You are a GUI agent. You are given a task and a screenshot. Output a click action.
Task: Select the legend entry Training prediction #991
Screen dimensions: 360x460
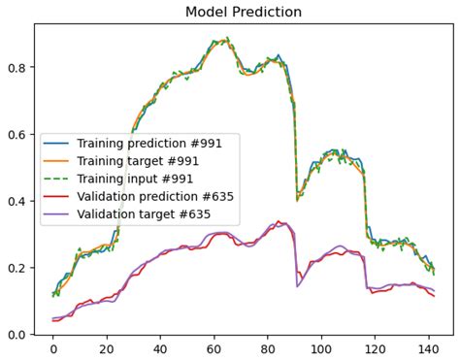(x=151, y=143)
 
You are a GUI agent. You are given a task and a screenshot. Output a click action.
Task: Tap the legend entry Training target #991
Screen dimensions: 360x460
(x=145, y=160)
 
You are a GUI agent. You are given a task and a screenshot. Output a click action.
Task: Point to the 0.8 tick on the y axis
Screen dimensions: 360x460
(x=17, y=68)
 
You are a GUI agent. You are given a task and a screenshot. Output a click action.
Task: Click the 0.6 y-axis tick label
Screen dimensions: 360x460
(x=17, y=135)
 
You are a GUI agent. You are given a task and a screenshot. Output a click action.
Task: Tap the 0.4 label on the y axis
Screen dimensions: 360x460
(x=17, y=201)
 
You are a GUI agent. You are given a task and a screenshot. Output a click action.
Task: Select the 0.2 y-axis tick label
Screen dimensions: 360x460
(x=17, y=268)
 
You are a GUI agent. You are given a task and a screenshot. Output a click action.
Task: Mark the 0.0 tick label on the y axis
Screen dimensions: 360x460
(x=17, y=334)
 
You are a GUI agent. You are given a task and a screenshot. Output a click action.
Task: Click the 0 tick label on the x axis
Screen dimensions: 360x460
(x=52, y=348)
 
